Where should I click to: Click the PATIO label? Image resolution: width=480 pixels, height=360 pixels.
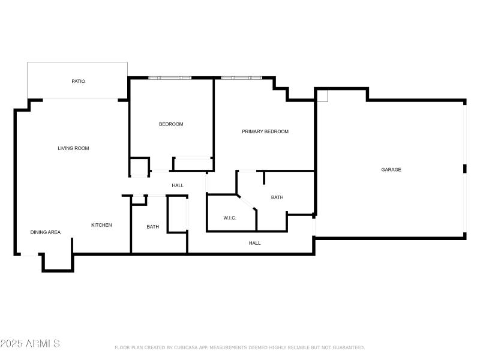tap(78, 81)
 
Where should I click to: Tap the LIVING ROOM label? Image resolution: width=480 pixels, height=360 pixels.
tap(73, 148)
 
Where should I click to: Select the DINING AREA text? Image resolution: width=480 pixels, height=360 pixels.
tap(46, 232)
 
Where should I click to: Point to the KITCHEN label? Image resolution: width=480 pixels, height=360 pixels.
tap(101, 225)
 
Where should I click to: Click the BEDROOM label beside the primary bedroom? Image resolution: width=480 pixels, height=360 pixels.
tap(171, 124)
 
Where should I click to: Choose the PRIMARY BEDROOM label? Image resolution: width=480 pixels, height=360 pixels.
tap(265, 131)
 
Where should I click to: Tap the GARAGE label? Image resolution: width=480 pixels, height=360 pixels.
tap(391, 170)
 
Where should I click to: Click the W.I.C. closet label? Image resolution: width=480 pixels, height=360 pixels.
tap(230, 218)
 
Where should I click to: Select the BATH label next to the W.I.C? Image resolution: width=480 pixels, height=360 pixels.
tap(277, 197)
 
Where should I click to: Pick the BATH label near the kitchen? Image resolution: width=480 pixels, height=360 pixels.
tap(153, 227)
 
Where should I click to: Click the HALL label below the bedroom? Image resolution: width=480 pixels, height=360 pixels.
tap(178, 185)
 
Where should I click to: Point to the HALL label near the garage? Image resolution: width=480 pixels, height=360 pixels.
tap(255, 243)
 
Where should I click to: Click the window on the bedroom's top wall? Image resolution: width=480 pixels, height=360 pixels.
tap(170, 78)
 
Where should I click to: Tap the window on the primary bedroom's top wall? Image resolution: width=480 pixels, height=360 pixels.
tap(241, 78)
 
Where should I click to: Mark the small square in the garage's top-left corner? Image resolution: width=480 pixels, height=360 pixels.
tap(323, 95)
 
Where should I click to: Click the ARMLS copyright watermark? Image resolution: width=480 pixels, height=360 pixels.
tap(30, 344)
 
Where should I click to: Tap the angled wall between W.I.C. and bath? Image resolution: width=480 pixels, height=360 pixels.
tap(247, 202)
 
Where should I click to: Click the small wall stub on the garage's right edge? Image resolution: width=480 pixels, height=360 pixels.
tap(464, 169)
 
